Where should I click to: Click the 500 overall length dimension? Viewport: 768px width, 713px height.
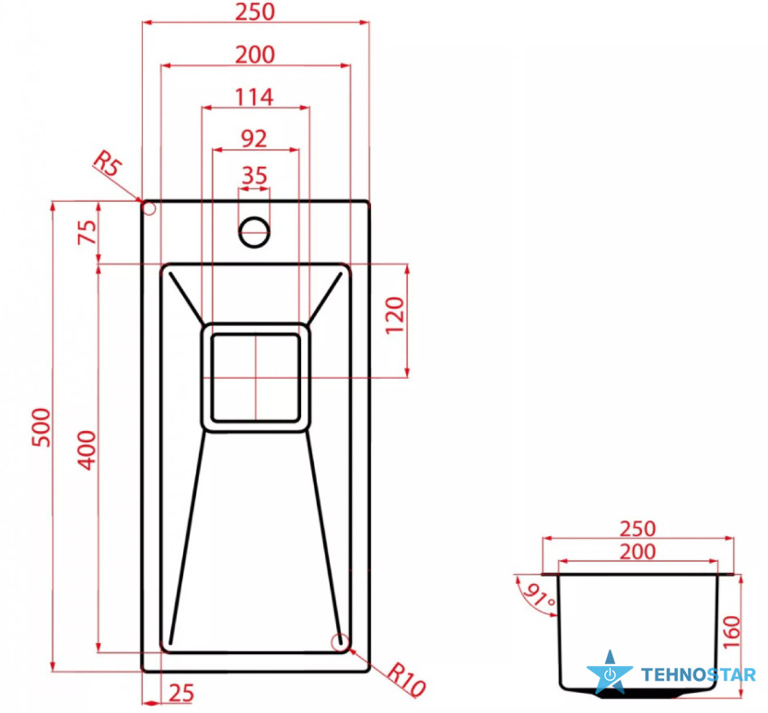pyautogui.click(x=41, y=427)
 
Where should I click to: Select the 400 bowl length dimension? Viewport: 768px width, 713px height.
pyautogui.click(x=87, y=450)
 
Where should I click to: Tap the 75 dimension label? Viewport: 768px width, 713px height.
pyautogui.click(x=87, y=232)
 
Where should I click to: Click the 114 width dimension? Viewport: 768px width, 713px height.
pyautogui.click(x=254, y=97)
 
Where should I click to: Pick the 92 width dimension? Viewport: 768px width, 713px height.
pyautogui.click(x=254, y=139)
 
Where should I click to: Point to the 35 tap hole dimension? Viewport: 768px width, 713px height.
pyautogui.click(x=254, y=175)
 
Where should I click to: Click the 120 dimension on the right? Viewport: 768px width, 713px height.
pyautogui.click(x=395, y=315)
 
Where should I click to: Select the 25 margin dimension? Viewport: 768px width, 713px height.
pyautogui.click(x=181, y=693)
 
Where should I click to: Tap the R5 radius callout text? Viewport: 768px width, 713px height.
pyautogui.click(x=107, y=164)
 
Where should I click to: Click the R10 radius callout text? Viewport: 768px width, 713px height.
pyautogui.click(x=406, y=681)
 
